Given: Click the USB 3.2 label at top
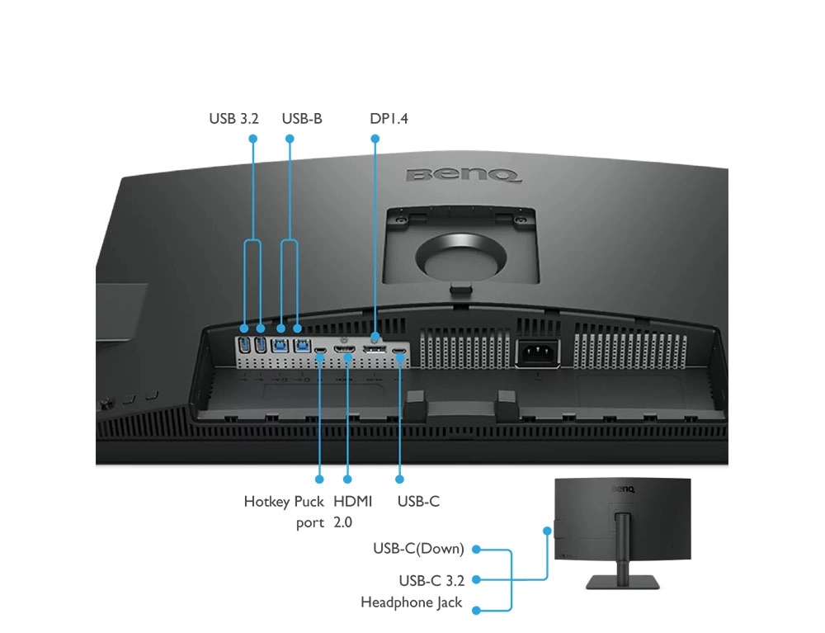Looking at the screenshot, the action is point(233,118).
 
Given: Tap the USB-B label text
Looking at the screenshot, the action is point(301,118).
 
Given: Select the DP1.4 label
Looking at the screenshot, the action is point(389,118).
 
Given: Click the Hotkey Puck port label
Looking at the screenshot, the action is point(284,512).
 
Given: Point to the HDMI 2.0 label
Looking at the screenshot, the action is point(352,512).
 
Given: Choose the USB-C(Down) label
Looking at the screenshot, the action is point(418,549).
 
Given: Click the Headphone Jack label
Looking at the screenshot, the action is point(411,602).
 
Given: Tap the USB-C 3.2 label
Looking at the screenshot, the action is point(431,581).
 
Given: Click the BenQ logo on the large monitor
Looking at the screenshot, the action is point(464,175).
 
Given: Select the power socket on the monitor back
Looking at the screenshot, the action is point(537,352).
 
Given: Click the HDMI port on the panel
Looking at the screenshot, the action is point(345,350).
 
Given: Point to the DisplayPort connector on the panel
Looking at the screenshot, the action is point(374,349).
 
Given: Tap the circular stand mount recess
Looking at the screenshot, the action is point(461,257).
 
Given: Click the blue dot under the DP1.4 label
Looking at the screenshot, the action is point(375,139).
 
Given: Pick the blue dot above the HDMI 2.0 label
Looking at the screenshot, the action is point(347,479).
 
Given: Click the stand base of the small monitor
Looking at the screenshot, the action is point(622,582).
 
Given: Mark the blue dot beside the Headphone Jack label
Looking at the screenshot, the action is point(476,611).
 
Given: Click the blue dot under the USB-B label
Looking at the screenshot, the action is point(290,139).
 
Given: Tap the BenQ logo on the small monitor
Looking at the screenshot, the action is point(624,489).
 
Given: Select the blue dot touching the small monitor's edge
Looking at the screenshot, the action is point(547,531).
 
